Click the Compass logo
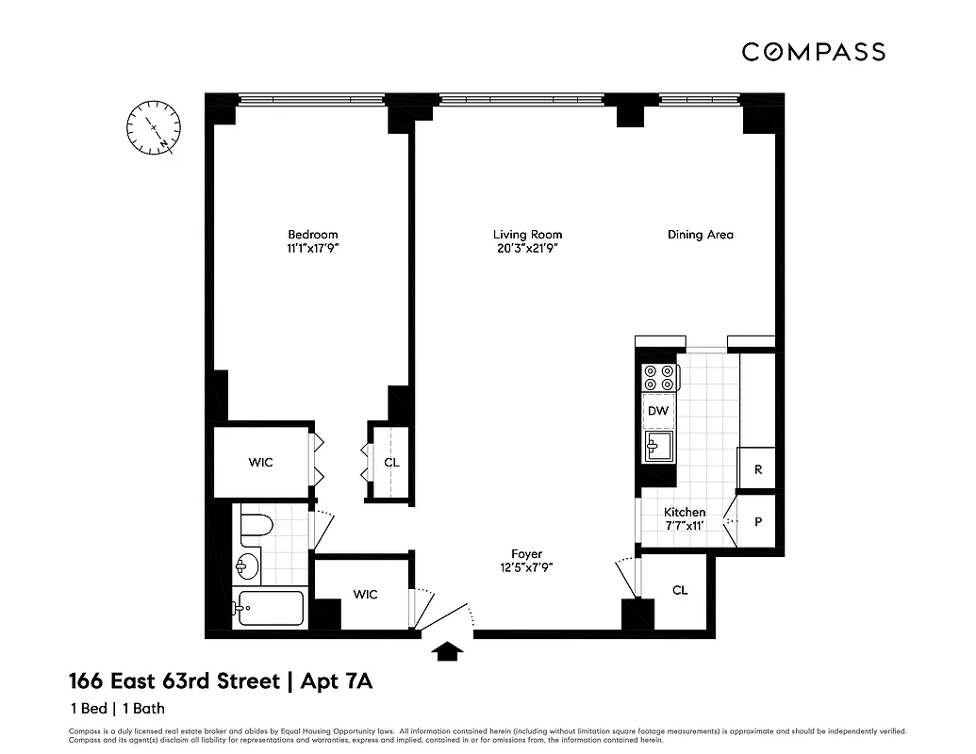pos(813,52)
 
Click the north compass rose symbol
pos(154,128)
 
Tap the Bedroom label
pos(312,235)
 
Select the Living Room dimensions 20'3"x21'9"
pos(527,248)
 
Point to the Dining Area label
pos(700,235)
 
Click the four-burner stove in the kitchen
pos(658,377)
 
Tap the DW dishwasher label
pos(658,411)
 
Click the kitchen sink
pos(658,446)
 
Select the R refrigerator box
pos(756,469)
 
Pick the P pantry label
pos(756,519)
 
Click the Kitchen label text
pos(684,512)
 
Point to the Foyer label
pos(527,554)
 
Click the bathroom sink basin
pos(247,565)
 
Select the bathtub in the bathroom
pos(270,609)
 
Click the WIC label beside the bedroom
pos(260,463)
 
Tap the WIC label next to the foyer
pos(365,594)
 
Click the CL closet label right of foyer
pos(680,590)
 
